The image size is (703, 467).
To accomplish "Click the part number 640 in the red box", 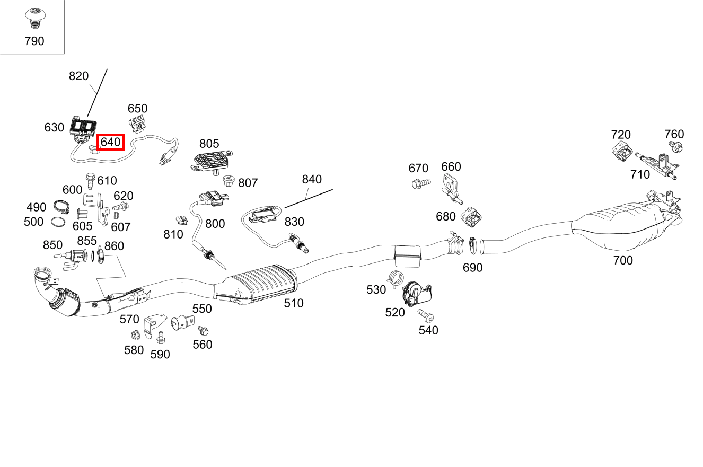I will tap(110, 142).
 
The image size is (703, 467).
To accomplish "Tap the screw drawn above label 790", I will tap(34, 19).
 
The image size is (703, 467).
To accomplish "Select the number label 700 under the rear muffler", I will tap(622, 260).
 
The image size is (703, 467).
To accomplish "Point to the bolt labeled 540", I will tap(426, 316).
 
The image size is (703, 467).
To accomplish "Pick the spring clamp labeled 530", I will tap(395, 277).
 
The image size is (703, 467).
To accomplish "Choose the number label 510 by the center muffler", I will tap(293, 303).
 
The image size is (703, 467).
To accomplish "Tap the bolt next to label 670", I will tap(421, 184).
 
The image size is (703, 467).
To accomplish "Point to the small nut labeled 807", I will tap(229, 181).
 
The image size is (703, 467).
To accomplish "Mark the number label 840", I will tap(312, 179).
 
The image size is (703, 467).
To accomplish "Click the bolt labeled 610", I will tap(89, 181).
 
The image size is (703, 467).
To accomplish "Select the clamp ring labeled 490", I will tap(63, 206).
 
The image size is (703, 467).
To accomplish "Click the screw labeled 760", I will tap(676, 146).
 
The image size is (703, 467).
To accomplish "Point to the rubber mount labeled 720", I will tap(621, 152).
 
